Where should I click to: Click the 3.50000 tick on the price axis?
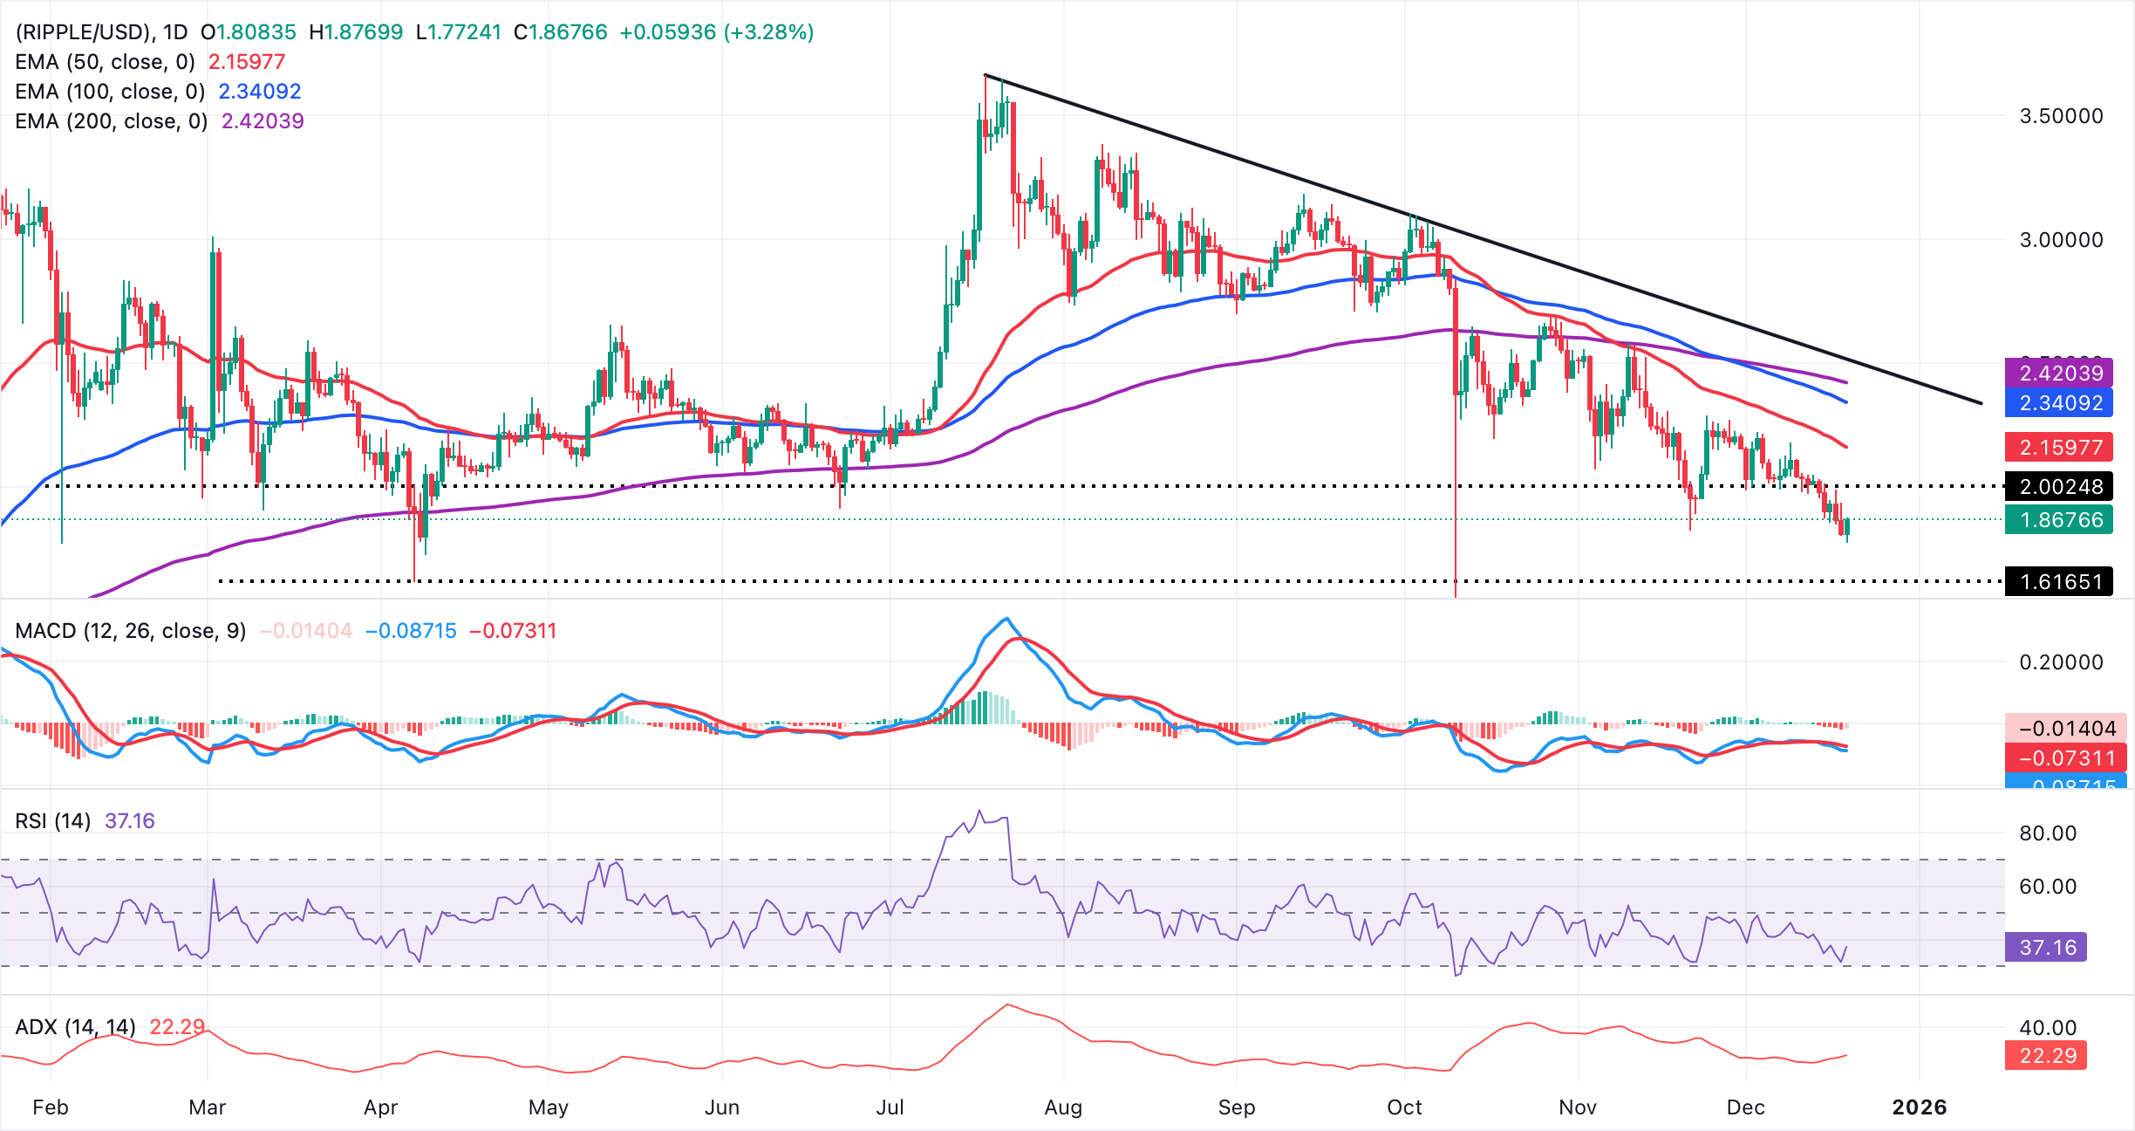pyautogui.click(x=2061, y=116)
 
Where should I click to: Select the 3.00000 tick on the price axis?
pyautogui.click(x=2061, y=240)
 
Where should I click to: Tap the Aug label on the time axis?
pyautogui.click(x=1063, y=1107)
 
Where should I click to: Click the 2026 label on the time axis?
pyautogui.click(x=1919, y=1107)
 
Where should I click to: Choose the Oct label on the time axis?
pyautogui.click(x=1404, y=1107)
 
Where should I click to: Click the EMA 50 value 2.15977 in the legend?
pyautogui.click(x=247, y=62)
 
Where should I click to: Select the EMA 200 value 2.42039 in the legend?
pyautogui.click(x=263, y=121)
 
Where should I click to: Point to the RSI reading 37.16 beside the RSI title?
pyautogui.click(x=129, y=821)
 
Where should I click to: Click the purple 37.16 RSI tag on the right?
pyautogui.click(x=2047, y=948)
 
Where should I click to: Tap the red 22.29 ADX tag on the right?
pyautogui.click(x=2047, y=1056)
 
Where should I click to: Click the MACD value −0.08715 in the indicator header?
pyautogui.click(x=411, y=631)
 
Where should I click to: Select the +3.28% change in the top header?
pyautogui.click(x=774, y=32)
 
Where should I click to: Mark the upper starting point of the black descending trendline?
pyautogui.click(x=986, y=75)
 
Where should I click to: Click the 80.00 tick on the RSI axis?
pyautogui.click(x=2048, y=833)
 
